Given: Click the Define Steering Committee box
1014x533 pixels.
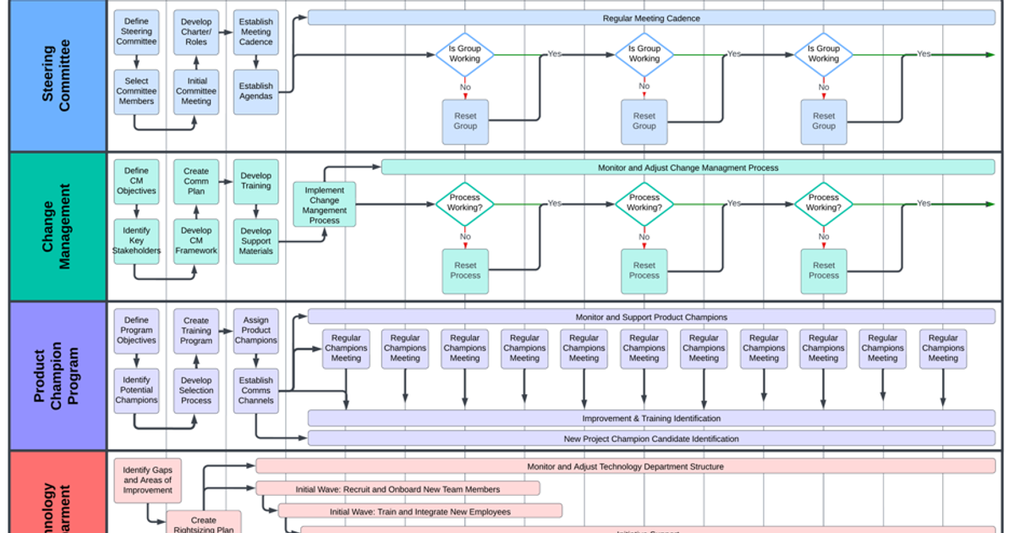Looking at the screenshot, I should [x=136, y=31].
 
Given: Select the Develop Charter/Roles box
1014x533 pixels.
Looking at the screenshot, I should [x=196, y=31].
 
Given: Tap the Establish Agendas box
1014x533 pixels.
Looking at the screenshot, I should [x=255, y=91].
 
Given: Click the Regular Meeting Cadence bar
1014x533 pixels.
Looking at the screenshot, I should [x=650, y=18].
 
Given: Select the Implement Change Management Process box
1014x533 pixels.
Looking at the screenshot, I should [x=325, y=205].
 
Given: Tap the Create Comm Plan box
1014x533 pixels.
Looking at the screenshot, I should [x=196, y=181].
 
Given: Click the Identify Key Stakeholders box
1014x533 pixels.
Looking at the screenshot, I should [x=136, y=240].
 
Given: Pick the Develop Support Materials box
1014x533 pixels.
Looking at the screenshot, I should [x=255, y=240].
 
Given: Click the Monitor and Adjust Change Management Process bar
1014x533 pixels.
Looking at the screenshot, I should [x=688, y=168].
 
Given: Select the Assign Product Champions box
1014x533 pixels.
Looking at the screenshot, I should [x=255, y=330].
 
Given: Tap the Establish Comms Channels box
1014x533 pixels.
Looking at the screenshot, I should [x=255, y=390].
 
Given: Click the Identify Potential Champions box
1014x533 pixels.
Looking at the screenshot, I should [x=136, y=390].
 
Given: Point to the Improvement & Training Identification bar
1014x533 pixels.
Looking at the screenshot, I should [x=650, y=418].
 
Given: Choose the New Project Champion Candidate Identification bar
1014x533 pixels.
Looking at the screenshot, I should [x=650, y=438].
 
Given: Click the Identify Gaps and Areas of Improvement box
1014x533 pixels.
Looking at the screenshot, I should [x=147, y=480].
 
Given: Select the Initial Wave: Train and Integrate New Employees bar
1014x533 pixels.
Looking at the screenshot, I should [x=419, y=511].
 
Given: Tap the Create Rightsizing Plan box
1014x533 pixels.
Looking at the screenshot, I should [x=203, y=523].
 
